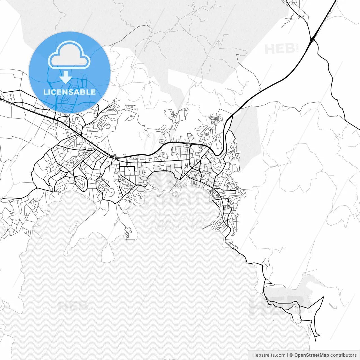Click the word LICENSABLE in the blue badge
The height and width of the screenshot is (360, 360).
tap(69, 92)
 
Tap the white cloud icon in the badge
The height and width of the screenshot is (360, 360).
tap(69, 55)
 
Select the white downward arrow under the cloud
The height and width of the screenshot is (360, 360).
tap(66, 77)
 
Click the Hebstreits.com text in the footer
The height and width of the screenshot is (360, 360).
tap(269, 355)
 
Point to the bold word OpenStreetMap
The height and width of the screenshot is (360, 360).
tap(312, 355)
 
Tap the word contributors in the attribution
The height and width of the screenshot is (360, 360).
tap(343, 355)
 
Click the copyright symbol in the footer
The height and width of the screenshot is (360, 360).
tap(291, 355)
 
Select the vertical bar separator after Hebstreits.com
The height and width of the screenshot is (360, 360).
tap(287, 355)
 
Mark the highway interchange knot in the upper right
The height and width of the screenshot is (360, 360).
tap(312, 40)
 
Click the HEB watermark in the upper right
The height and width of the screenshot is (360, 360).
tap(280, 49)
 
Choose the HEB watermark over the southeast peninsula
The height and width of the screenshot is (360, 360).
tap(277, 307)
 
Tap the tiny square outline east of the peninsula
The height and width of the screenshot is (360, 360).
tap(335, 307)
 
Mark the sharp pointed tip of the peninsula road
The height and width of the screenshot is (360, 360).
tap(323, 297)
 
